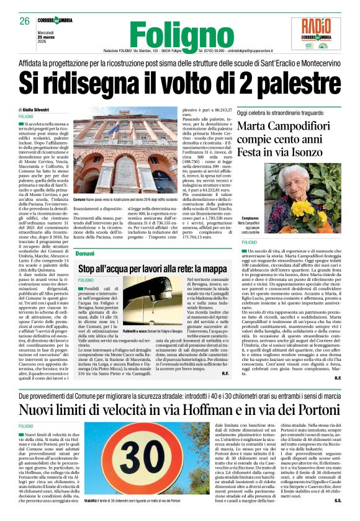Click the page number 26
(x=24, y=21)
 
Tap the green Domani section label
(x=86, y=254)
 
